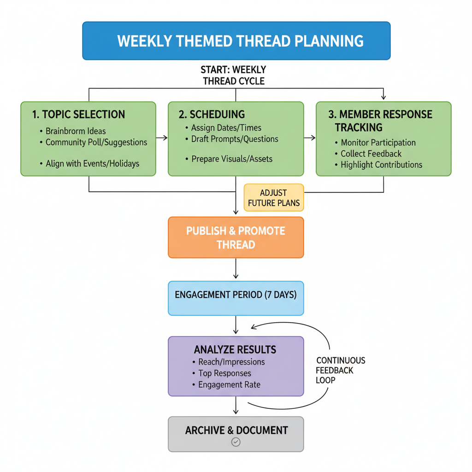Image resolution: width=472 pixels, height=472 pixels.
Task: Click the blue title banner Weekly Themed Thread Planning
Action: tap(236, 41)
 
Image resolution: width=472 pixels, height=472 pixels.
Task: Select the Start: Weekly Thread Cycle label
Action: tap(234, 75)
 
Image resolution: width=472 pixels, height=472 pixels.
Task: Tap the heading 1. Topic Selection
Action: tap(78, 114)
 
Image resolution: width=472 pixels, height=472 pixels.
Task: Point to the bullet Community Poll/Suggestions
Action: tap(96, 142)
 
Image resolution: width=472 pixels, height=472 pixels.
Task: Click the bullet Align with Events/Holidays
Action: tap(92, 163)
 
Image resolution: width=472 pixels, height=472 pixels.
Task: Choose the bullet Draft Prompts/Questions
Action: tap(235, 139)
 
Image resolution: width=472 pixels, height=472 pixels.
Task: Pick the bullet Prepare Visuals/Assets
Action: tap(231, 159)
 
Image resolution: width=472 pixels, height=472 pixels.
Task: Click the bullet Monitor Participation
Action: tap(378, 142)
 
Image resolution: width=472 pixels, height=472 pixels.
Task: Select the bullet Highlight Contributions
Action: tap(381, 165)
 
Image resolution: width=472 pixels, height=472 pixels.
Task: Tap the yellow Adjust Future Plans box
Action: tap(274, 198)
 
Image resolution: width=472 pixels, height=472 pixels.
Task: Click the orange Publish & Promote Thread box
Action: tap(236, 237)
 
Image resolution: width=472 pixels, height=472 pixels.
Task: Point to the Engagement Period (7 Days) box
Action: tap(236, 295)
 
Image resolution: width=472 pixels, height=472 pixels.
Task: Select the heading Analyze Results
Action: tap(235, 349)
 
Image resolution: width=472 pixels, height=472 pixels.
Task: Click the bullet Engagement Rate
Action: tap(229, 384)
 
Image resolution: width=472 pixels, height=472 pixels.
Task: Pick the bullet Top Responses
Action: tap(224, 373)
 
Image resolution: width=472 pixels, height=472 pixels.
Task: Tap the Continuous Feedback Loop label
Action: tap(340, 370)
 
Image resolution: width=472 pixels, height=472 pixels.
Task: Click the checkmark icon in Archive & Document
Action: tap(236, 442)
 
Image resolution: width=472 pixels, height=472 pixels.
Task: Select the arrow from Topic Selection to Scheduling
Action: tap(162, 137)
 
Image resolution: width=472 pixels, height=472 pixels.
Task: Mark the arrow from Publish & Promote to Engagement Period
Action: tap(236, 269)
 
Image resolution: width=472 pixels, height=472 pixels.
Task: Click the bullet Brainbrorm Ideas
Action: tap(76, 131)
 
